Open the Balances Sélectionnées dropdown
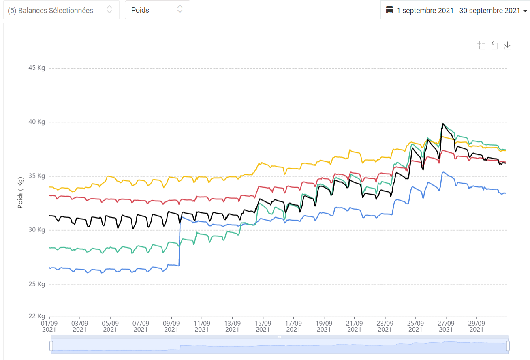pyautogui.click(x=61, y=10)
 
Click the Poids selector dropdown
pyautogui.click(x=157, y=10)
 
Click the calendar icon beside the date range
pyautogui.click(x=389, y=10)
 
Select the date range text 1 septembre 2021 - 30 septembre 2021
pyautogui.click(x=458, y=11)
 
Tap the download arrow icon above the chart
pyautogui.click(x=508, y=46)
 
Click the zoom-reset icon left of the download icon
pyautogui.click(x=494, y=46)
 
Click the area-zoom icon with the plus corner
pyautogui.click(x=481, y=46)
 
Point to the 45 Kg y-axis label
pyautogui.click(x=37, y=68)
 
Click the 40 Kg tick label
pyautogui.click(x=37, y=122)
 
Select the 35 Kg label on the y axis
pyautogui.click(x=37, y=176)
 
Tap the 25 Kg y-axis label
pyautogui.click(x=37, y=284)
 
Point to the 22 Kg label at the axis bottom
pyautogui.click(x=37, y=316)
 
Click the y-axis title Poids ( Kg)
pyautogui.click(x=20, y=193)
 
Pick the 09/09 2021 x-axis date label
pyautogui.click(x=171, y=326)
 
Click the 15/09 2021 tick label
pyautogui.click(x=263, y=326)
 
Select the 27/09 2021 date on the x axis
pyautogui.click(x=446, y=326)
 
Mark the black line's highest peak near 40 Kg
pyautogui.click(x=443, y=124)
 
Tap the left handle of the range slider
pyautogui.click(x=51, y=346)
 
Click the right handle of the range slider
pyautogui.click(x=508, y=346)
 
